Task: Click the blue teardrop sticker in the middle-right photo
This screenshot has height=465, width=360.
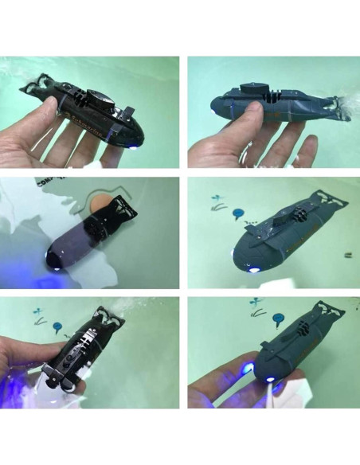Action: (236, 214)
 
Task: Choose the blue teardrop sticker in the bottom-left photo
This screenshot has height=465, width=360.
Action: (57, 326)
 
